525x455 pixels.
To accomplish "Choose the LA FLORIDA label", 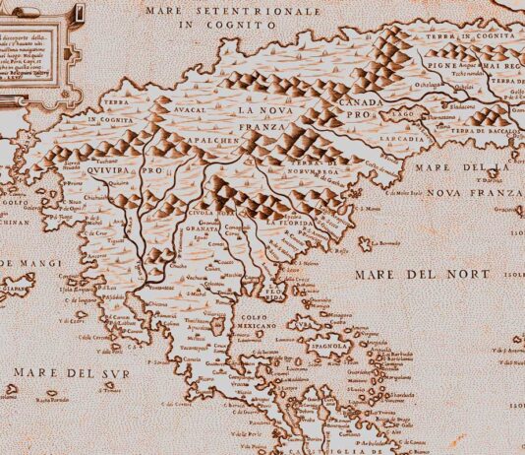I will point(289,225).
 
